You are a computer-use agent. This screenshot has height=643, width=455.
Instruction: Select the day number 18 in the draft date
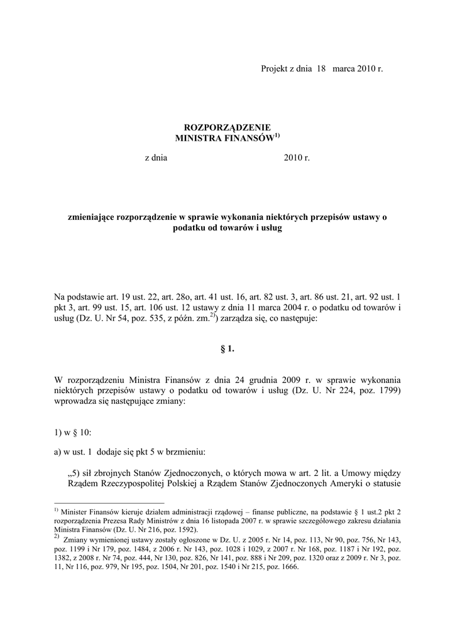321,68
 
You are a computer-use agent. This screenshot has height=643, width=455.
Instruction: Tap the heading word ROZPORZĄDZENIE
227,127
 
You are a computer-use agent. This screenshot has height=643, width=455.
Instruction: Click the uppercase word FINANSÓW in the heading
248,138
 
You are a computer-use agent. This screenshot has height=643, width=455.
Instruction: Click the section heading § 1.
227,349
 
